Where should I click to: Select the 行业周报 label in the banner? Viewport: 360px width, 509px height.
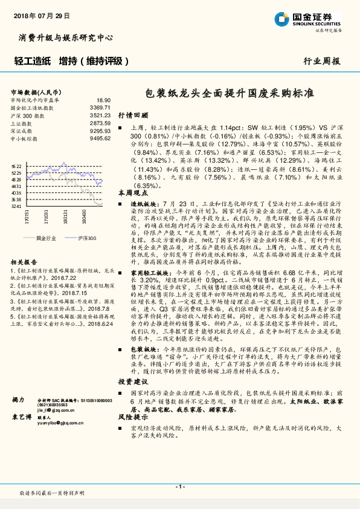tap(321, 61)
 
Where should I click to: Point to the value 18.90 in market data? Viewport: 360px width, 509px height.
tap(103, 100)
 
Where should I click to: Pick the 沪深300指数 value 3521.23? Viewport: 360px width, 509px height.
tap(100, 114)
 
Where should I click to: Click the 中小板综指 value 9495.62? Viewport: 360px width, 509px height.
tap(100, 138)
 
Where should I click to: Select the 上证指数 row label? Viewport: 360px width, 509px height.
tap(24, 123)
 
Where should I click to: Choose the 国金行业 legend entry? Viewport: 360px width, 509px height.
tap(46, 238)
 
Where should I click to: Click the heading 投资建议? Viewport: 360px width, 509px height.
tap(132, 382)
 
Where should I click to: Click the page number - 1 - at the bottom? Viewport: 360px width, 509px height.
tap(179, 487)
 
